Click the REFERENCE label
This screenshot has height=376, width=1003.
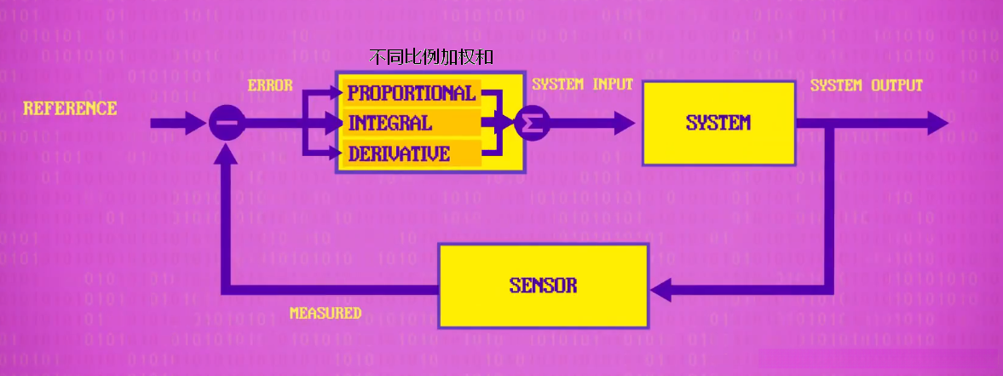click(x=70, y=109)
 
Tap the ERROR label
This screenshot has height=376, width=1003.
click(x=270, y=85)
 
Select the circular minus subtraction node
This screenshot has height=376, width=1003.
click(x=227, y=124)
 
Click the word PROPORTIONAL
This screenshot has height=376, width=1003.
click(x=411, y=93)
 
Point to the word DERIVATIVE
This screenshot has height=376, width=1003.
click(x=398, y=154)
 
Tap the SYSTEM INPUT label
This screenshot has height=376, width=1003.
click(x=582, y=84)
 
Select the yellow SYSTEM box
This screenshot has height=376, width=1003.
click(x=718, y=124)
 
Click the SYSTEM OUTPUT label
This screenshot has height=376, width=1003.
click(x=866, y=85)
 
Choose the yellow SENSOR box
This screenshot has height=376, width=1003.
click(x=543, y=286)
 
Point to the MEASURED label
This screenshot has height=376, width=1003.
click(x=326, y=313)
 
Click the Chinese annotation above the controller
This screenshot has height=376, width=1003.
click(x=431, y=57)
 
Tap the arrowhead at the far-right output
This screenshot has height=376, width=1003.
click(x=937, y=124)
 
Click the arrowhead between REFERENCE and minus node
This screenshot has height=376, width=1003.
click(x=198, y=124)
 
